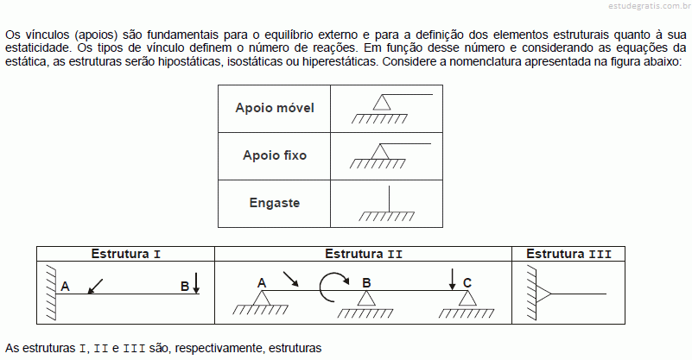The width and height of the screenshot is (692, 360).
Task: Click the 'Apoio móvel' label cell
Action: pos(275,108)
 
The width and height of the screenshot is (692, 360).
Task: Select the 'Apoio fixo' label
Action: pos(275,155)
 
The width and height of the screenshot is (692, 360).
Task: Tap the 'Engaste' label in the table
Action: pos(275,203)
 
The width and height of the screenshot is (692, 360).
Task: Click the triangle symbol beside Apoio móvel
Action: pos(382,103)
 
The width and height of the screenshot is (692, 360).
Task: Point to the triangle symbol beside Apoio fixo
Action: pos(380,152)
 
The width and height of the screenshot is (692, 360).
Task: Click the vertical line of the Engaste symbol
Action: pos(389,199)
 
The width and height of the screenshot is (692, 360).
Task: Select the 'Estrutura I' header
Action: pos(126,254)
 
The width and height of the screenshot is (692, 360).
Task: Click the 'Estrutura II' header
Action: pos(364,254)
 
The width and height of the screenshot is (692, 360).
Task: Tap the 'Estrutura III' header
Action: pos(568,254)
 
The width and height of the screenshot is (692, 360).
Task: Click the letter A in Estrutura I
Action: pos(65,287)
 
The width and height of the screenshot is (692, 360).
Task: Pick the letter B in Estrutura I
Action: pos(185,287)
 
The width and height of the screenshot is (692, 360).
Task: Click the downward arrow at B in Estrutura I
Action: pos(196,283)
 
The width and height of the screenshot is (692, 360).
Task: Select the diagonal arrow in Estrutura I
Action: pos(95,287)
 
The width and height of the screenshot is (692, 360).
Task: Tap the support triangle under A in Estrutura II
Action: pos(261,298)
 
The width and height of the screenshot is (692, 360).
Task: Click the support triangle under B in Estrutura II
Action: pos(366,298)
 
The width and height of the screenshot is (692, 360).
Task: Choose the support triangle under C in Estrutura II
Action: pos(467,298)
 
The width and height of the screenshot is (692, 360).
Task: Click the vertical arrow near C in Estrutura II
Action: pos(452,279)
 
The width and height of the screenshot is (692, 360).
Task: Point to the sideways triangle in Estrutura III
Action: pos(543,294)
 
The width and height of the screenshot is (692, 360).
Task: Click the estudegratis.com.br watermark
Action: pos(650,6)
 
